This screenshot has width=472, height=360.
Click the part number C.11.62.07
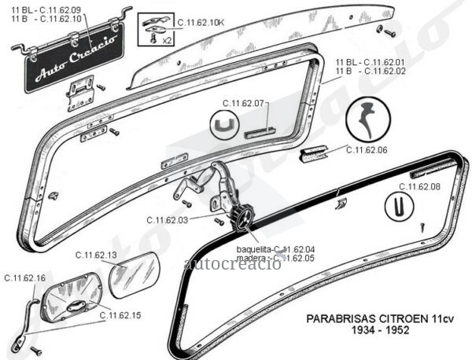[243, 104]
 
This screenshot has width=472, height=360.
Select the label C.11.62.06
[367, 150]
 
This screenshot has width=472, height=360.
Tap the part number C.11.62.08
[419, 186]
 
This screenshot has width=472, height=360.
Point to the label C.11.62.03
[168, 220]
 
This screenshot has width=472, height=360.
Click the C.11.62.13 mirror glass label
[96, 255]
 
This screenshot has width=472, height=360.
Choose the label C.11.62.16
[25, 278]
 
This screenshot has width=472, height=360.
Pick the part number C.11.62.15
[120, 315]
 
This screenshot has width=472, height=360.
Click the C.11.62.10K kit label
[201, 23]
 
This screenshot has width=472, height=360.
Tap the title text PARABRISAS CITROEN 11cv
[380, 319]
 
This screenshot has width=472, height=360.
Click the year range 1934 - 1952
[381, 330]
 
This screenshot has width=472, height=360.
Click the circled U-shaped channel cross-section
[224, 124]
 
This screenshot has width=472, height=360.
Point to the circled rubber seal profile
[368, 119]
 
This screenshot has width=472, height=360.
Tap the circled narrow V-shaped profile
[400, 206]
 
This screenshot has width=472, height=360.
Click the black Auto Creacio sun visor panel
[76, 57]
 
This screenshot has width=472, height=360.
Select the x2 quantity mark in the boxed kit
[167, 41]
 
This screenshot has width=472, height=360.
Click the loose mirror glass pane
[135, 275]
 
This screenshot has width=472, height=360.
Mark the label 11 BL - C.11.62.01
[371, 63]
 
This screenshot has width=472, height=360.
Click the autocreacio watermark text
[232, 264]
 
